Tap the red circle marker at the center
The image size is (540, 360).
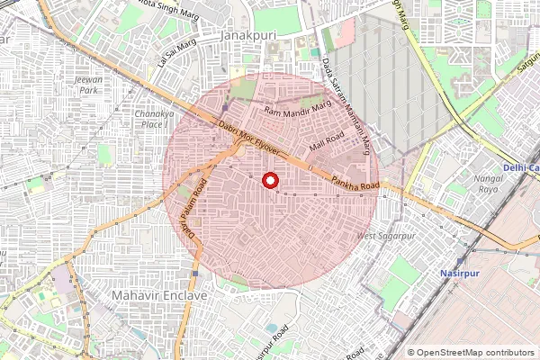[x=269, y=181]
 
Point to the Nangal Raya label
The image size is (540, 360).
[x=462, y=184]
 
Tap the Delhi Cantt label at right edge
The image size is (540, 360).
[x=521, y=167]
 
